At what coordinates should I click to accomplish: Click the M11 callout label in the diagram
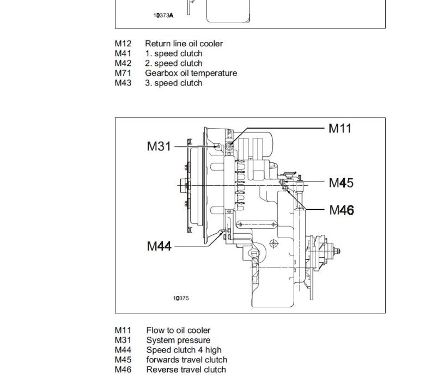tap(340, 129)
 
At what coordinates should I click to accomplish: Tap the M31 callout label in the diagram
tap(159, 146)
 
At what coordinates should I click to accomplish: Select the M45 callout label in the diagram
tap(341, 183)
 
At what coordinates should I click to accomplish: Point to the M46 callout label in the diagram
tap(342, 210)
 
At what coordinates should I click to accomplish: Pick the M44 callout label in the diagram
tap(159, 246)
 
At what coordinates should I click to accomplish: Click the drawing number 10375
tap(181, 298)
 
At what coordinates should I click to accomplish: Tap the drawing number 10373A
tap(163, 15)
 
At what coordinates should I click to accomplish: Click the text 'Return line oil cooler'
tap(184, 44)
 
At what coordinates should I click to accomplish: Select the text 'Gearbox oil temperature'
tap(191, 73)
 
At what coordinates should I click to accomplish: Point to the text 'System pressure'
tap(178, 340)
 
